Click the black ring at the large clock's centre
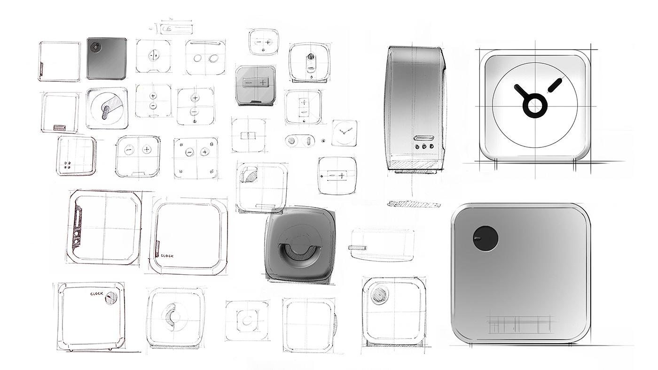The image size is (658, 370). tap(534, 105)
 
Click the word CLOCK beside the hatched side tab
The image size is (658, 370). tap(167, 255)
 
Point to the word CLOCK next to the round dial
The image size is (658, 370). tap(97, 294)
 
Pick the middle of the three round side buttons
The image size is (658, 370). tap(424, 146)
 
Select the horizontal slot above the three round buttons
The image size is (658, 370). tap(423, 139)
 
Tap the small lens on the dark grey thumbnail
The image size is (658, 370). tap(96, 47)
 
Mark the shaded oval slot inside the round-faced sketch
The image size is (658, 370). tap(108, 113)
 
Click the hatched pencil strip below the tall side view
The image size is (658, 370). tap(414, 205)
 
